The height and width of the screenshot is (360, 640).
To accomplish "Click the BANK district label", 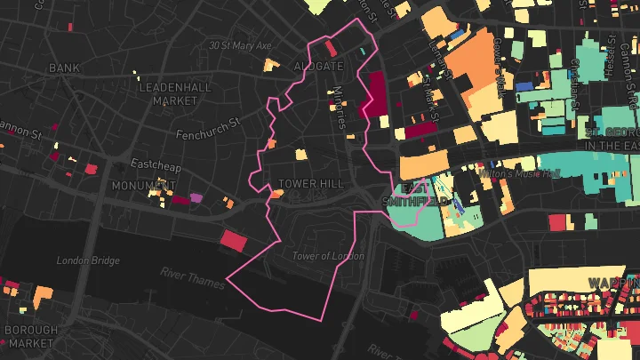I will point(64,68).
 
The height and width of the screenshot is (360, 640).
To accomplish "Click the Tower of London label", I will point(328,256).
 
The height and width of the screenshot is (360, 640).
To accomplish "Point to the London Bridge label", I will point(87,260).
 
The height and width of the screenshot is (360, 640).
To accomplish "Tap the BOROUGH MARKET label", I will point(31,336).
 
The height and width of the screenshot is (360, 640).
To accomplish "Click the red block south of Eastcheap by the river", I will point(232,239).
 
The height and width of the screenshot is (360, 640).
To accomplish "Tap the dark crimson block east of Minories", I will point(375,94).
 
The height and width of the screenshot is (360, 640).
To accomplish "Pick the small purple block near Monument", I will point(196,196).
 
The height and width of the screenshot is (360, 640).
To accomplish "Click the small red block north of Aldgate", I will point(330,48).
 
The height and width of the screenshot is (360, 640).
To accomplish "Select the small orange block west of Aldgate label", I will point(272,64).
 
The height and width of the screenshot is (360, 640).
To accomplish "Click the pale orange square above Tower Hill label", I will point(301,154).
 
